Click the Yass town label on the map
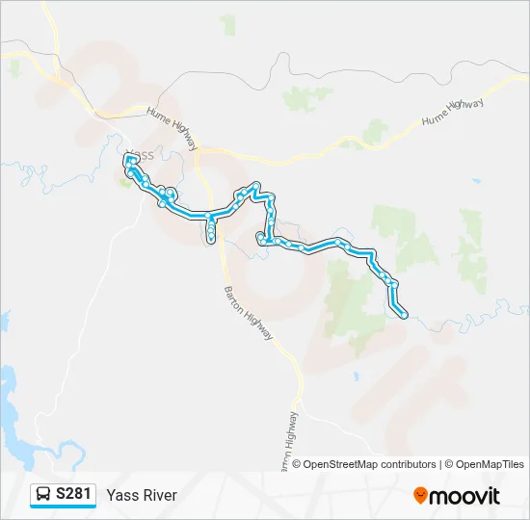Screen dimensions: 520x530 [x=141, y=154]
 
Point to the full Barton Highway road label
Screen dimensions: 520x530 [x=249, y=310]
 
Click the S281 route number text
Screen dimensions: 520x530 [x=74, y=495]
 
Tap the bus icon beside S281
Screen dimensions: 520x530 [x=43, y=495]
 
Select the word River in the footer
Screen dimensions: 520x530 [x=159, y=495]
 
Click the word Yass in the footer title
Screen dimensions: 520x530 [x=121, y=495]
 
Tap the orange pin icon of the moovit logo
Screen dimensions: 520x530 [x=421, y=496]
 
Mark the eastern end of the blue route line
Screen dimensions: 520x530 [x=405, y=315]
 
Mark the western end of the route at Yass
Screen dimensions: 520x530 [x=127, y=157]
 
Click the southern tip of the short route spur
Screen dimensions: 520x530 [x=211, y=239]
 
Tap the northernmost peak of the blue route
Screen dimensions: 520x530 [x=255, y=185]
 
